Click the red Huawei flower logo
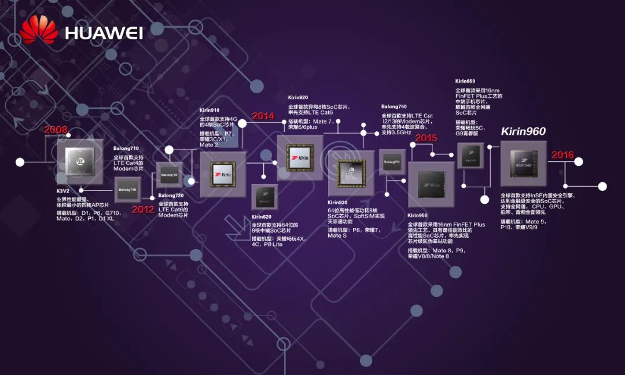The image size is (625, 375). pos(39,30)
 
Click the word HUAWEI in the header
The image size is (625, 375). pos(104,32)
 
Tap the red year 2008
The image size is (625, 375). pos(56,130)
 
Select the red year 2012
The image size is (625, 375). pos(142,209)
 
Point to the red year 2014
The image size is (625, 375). pos(262,116)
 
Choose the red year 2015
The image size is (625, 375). pos(426,138)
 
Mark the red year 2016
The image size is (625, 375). pos(562,155)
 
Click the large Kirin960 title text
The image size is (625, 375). pos(523,131)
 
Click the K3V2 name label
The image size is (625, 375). pos(63,190)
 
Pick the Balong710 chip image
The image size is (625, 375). pos(127,189)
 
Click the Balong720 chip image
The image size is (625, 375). pos(169,174)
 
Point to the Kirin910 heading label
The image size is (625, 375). pos(209,110)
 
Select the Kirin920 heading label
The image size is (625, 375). pos(299,98)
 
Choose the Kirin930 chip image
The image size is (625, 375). pos(351,173)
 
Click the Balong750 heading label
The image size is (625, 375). pos(394,107)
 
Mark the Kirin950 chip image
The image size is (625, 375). pos(431,185)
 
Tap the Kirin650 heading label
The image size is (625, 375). pos(465,81)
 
